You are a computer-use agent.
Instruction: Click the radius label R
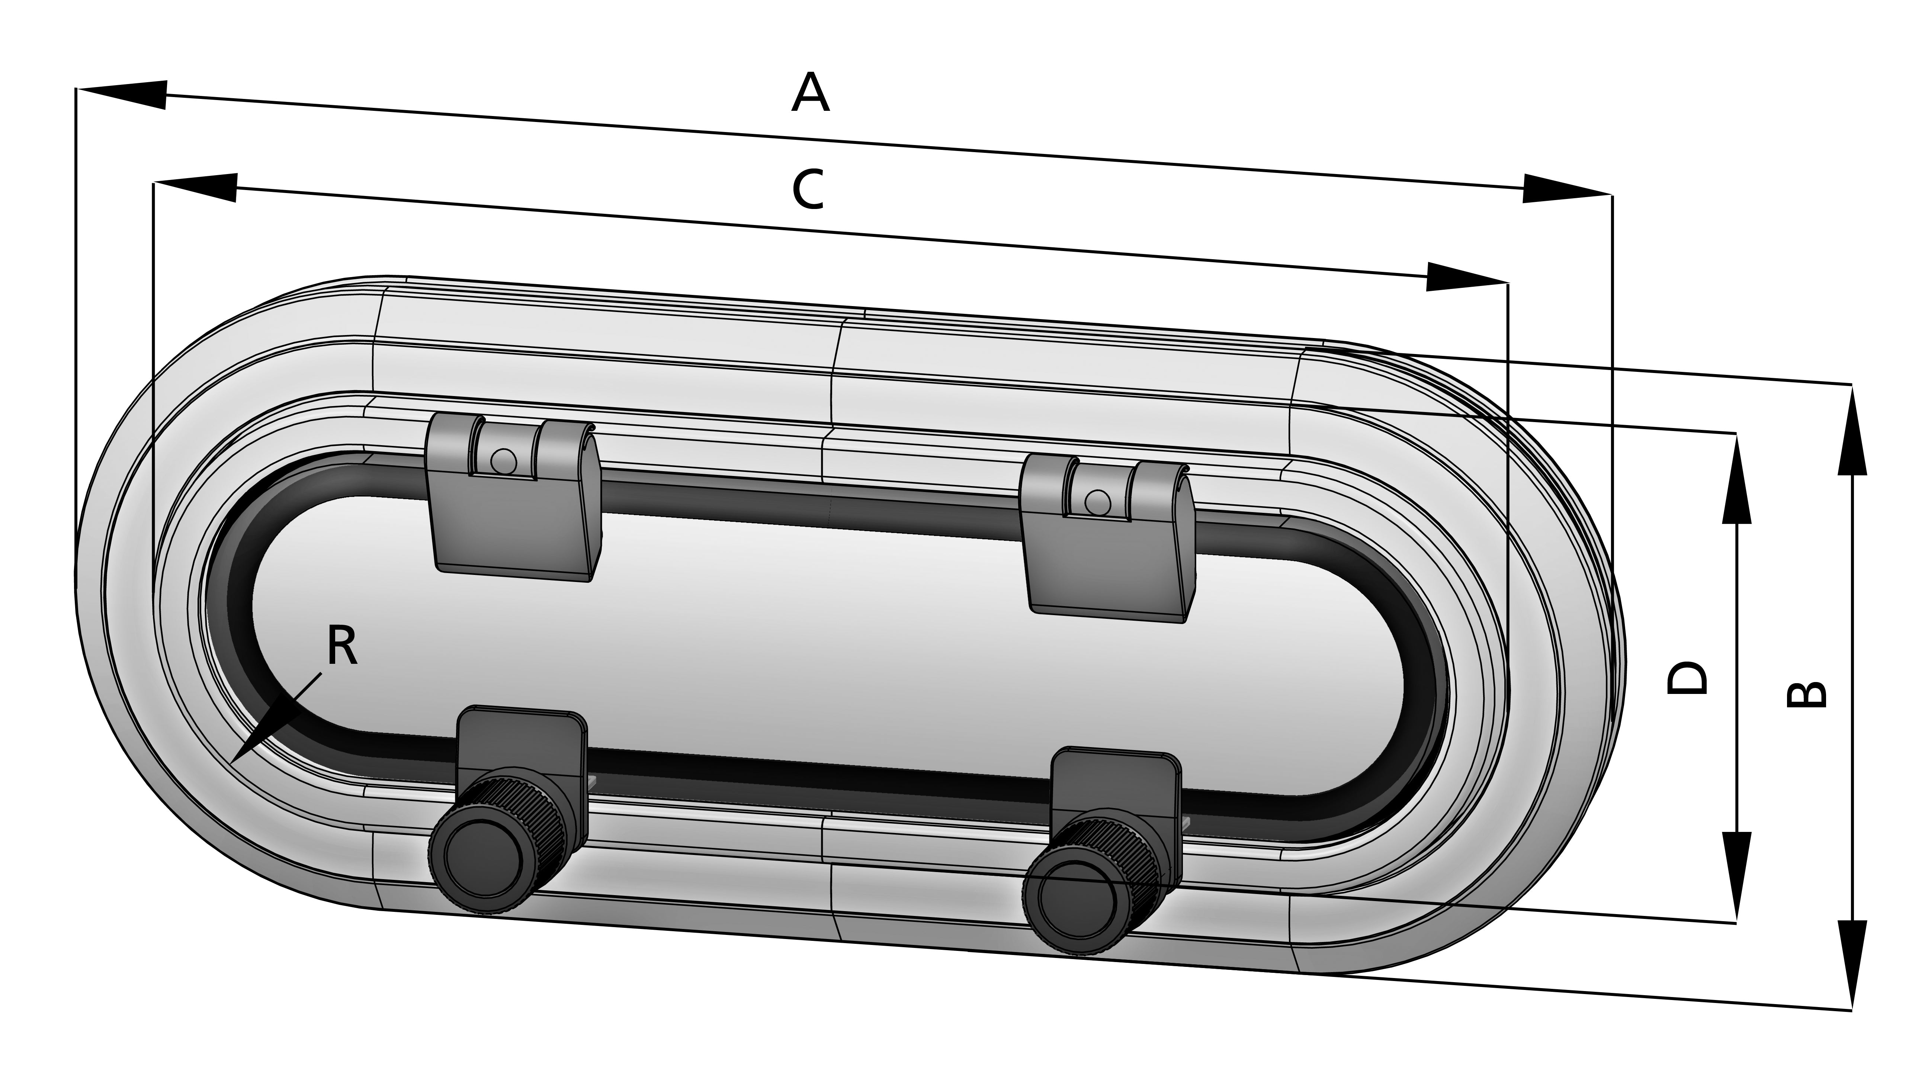(x=342, y=647)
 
